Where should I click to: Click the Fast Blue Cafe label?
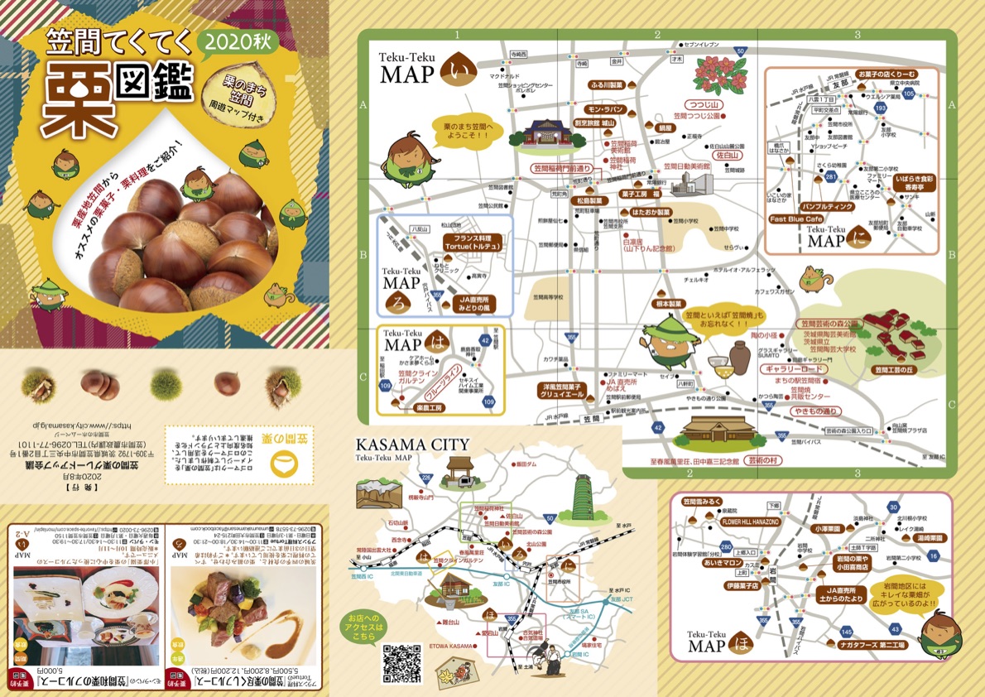tap(796, 219)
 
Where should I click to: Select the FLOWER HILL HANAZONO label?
tap(750, 522)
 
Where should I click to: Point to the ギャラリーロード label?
tap(795, 369)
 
